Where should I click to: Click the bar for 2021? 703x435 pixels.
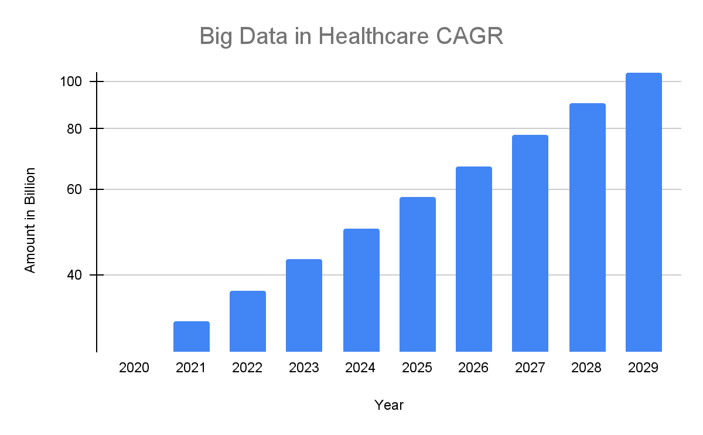(192, 337)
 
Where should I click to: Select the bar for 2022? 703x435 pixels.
(248, 321)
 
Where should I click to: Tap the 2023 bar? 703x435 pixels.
(304, 305)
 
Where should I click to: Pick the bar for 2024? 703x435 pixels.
(361, 290)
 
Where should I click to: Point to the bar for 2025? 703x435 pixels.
(418, 274)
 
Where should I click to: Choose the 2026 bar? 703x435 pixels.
(474, 259)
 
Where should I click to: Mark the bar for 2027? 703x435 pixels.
(530, 243)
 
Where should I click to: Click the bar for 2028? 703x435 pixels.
(588, 227)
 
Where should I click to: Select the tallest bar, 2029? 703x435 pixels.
(644, 212)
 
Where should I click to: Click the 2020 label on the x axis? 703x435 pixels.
(134, 368)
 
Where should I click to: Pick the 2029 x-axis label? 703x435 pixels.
(643, 368)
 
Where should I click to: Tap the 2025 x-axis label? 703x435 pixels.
(417, 368)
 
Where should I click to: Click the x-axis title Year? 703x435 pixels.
(389, 405)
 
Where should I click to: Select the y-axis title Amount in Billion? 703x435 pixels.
(30, 220)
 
